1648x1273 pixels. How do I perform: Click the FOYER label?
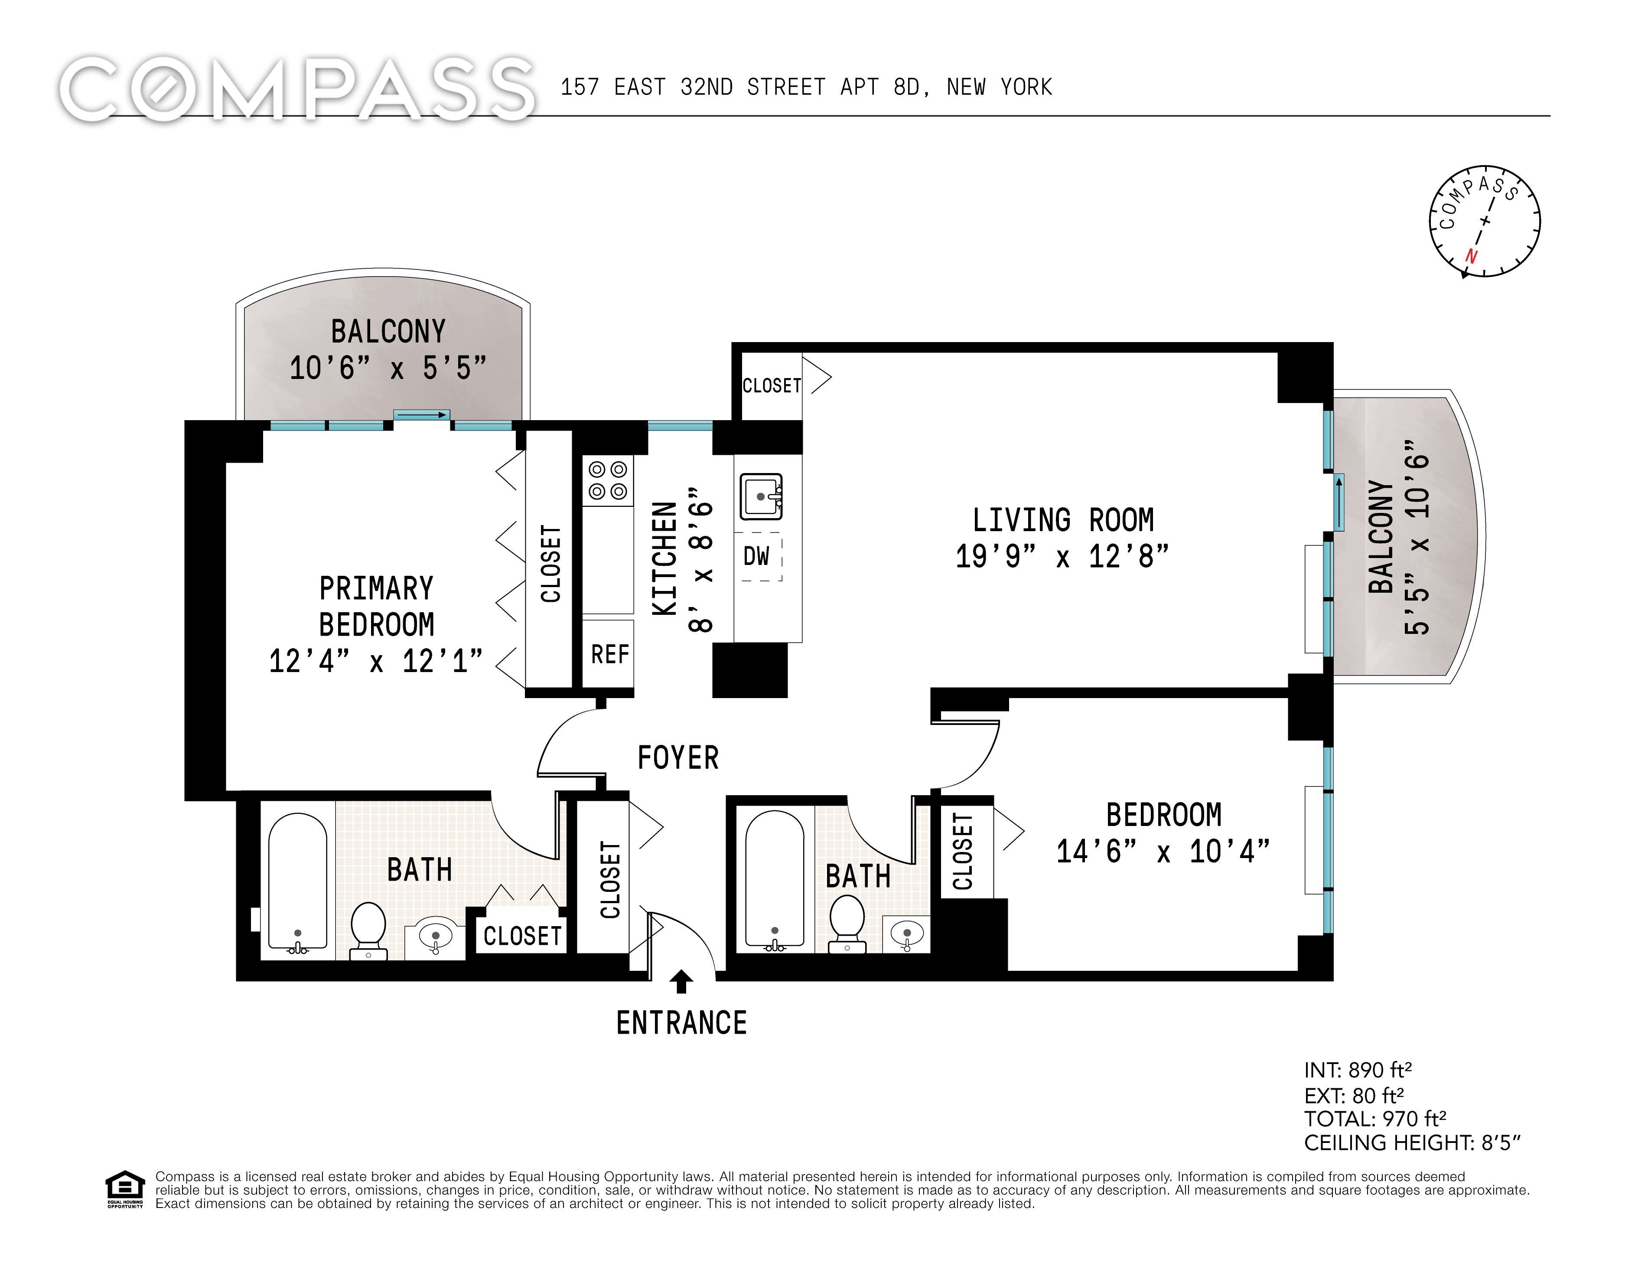pos(677,757)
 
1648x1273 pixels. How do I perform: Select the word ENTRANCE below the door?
pos(681,1023)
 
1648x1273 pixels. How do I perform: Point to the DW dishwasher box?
pos(759,557)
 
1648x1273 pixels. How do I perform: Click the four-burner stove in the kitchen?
pos(607,481)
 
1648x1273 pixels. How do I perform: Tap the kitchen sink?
pos(761,496)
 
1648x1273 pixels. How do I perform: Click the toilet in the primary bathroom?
pos(368,931)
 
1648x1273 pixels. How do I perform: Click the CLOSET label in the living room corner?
pos(771,385)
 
